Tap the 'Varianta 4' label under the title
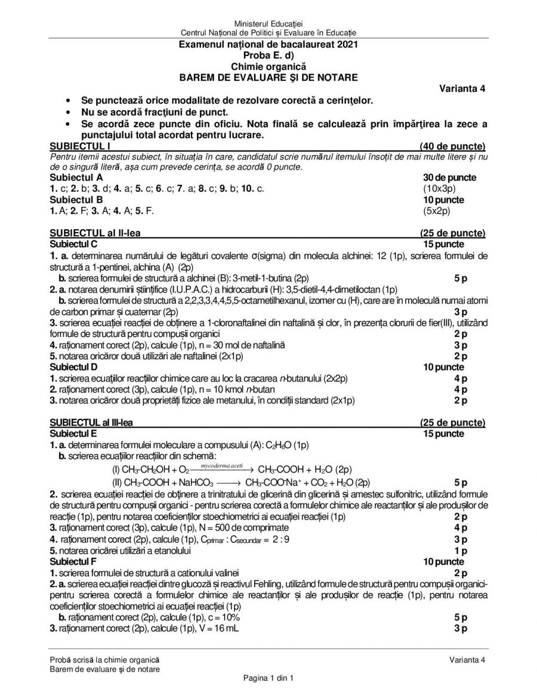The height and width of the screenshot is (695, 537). [x=462, y=89]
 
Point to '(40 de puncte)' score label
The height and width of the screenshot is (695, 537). [x=452, y=146]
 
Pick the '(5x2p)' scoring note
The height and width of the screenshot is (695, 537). [x=436, y=211]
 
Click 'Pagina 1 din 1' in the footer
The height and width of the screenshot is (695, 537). [x=268, y=678]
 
